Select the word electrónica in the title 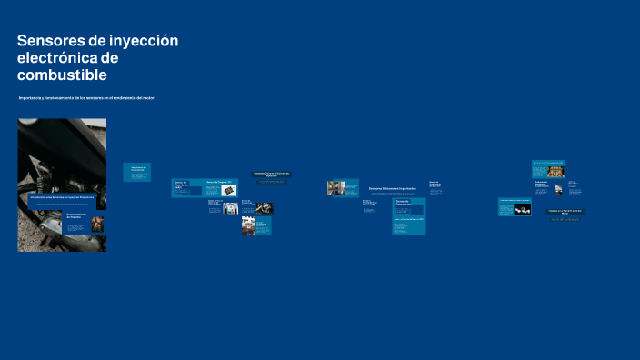click(58, 58)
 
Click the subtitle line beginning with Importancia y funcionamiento click(87, 97)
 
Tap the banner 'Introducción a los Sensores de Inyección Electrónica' click(62, 196)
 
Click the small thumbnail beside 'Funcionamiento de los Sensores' click(97, 224)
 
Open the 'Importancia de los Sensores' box click(137, 169)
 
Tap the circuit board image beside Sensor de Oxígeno click(228, 191)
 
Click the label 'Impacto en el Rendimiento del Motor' click(565, 212)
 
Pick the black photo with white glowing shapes click(522, 210)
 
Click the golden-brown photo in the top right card click(548, 171)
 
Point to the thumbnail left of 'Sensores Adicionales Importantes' click(336, 188)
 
